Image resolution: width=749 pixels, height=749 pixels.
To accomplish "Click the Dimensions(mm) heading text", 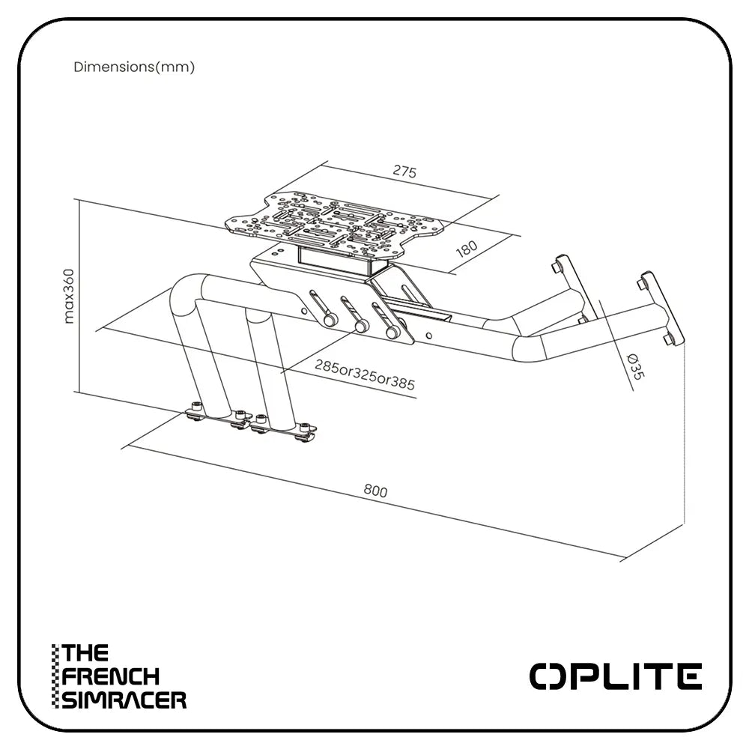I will click(x=134, y=67).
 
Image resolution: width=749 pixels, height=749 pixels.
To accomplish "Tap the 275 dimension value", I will click(x=404, y=172).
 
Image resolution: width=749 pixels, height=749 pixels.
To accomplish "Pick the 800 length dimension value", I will click(x=375, y=491).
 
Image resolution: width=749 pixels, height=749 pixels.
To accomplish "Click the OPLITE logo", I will click(x=616, y=676).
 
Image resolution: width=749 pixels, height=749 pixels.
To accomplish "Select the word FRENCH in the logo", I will click(x=111, y=676).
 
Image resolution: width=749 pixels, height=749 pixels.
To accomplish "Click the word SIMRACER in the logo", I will click(x=124, y=700).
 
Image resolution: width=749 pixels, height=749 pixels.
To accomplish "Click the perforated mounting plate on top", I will click(x=341, y=221).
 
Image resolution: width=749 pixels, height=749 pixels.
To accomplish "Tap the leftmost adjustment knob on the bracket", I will click(x=328, y=318).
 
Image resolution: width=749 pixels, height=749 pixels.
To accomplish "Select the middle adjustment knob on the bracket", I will click(x=360, y=327).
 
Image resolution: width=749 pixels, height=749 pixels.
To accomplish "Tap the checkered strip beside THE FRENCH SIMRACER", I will click(x=55, y=676).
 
